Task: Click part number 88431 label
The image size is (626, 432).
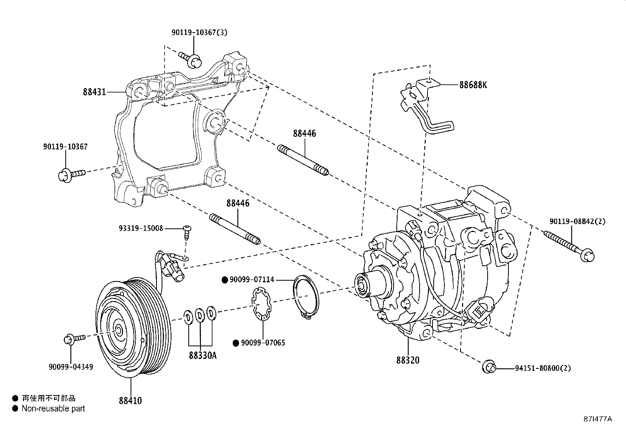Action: coord(94,92)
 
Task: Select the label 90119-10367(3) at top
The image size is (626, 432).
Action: coord(199,32)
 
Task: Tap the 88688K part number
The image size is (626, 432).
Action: coord(473,85)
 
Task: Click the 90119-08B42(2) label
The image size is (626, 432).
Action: coord(577,221)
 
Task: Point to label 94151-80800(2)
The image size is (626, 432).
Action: coord(543,368)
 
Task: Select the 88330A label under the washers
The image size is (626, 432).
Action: coord(203,356)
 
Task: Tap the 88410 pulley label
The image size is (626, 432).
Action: coord(130,401)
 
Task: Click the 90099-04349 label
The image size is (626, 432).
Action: coord(71,367)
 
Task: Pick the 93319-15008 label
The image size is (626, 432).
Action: coord(141,228)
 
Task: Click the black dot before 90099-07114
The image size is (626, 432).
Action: coord(225,280)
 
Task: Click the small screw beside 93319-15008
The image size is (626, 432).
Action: coord(187,233)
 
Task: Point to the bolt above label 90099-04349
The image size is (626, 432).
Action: coord(74,338)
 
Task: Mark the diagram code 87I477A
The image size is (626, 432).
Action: coord(597,419)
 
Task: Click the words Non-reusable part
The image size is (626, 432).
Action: coord(53,409)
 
